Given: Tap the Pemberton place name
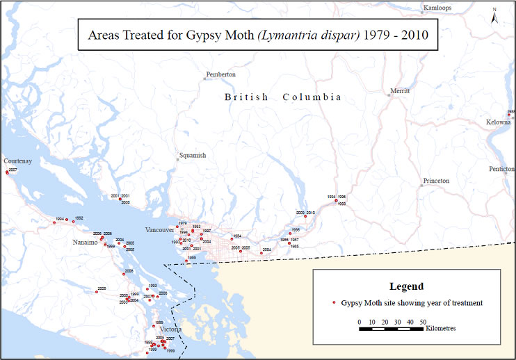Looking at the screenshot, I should [221, 74].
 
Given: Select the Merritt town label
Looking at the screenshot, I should [400, 91].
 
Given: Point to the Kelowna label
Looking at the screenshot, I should [499, 122].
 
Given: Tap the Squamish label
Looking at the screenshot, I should [192, 156].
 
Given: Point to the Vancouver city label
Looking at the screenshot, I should [160, 229].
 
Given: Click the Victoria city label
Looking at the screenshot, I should [170, 329].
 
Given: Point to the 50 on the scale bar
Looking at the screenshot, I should [422, 322].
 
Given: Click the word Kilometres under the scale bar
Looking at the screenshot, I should [441, 329].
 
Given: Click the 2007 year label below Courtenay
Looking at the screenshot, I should [13, 170].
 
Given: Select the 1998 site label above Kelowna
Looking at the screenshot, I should [511, 111].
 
